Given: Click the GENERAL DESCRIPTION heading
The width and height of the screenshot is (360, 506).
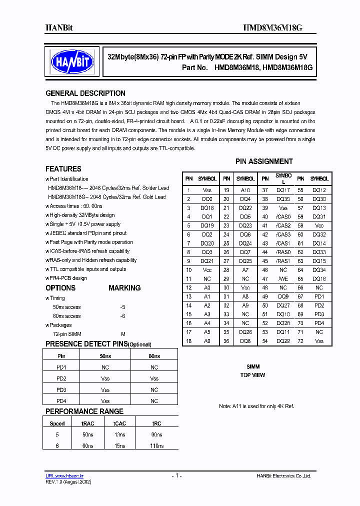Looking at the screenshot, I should point(85,93).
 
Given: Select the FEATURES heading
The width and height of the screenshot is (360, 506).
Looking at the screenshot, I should point(63,169).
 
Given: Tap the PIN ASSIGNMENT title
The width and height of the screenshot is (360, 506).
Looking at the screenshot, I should point(264,161).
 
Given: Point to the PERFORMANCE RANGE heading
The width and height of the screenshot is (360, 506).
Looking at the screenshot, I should point(84,411).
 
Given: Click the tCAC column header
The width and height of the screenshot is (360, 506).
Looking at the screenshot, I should point(120,423).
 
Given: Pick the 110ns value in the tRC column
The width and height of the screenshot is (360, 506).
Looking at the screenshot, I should point(156,445).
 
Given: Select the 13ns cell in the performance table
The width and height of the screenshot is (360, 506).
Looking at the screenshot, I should point(120,434).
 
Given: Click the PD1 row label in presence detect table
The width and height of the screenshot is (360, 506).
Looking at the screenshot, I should point(61,367).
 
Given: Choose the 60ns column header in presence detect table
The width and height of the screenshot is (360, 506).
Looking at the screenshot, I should point(154,356).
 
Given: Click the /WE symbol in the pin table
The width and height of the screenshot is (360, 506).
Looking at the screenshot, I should point(283,278).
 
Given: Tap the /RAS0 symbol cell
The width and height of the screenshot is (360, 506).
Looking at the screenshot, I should point(283,251).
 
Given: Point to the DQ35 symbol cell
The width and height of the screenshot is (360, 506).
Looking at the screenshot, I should point(283,198).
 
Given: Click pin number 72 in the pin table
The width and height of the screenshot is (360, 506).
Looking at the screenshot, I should point(300,341).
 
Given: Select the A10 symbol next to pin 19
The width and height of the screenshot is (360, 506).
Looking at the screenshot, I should point(245,190).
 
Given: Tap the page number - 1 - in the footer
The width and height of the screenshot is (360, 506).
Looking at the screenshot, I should point(176,475).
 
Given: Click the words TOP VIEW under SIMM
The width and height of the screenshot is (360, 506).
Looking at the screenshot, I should point(252,375).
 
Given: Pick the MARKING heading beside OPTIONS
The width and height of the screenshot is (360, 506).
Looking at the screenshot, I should point(124,288).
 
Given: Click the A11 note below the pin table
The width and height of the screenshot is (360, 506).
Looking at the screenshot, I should point(256,406).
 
